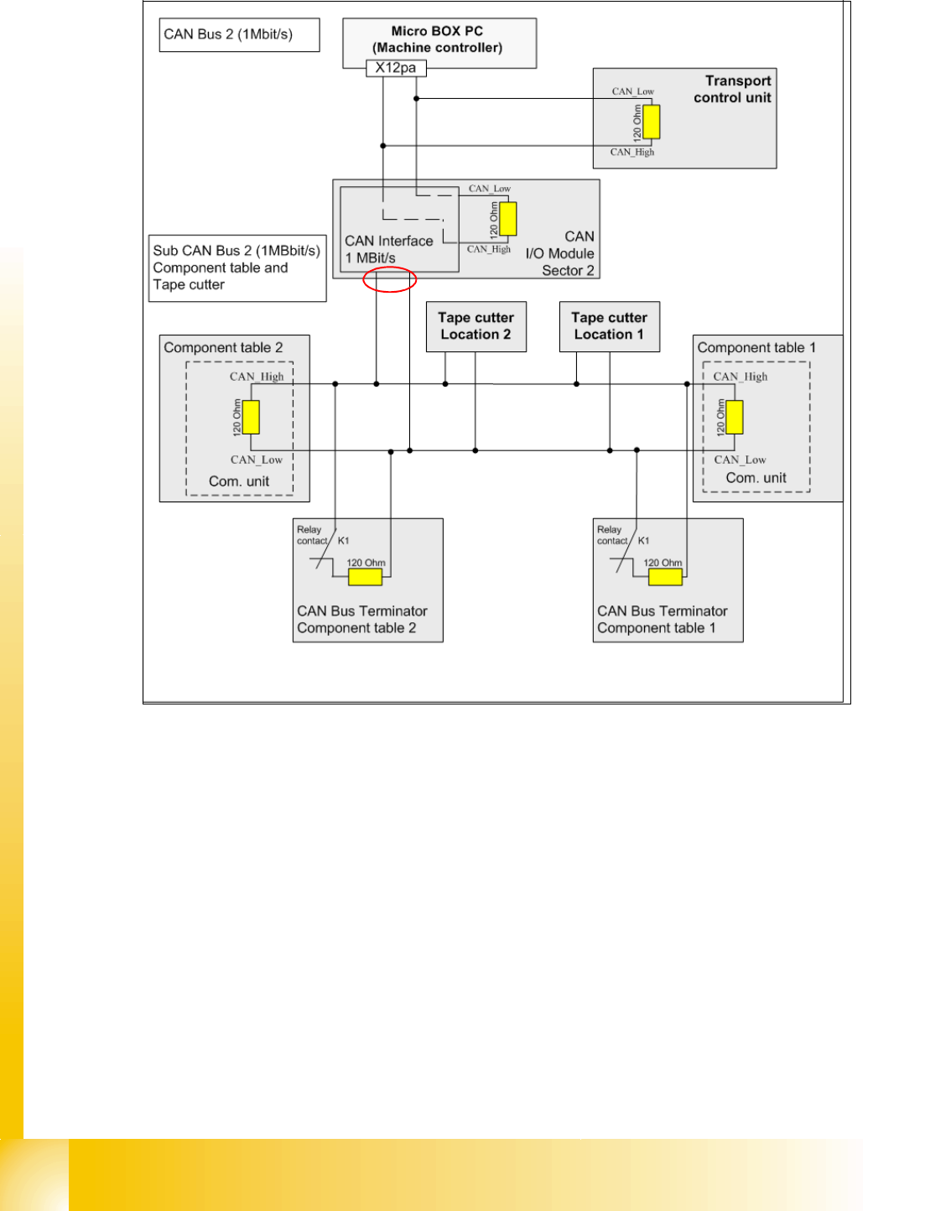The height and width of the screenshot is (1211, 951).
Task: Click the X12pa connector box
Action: point(396,68)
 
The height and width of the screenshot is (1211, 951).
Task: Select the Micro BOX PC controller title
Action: point(438,39)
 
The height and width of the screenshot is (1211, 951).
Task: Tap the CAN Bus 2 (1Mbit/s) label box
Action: point(239,35)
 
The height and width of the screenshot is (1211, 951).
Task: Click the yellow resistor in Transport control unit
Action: point(652,122)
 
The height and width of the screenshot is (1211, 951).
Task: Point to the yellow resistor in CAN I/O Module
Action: point(508,219)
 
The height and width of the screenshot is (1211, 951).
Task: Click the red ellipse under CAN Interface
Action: point(390,279)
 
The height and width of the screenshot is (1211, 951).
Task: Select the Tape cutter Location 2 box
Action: point(475,326)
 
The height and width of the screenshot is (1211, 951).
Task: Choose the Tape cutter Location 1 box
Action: point(609,326)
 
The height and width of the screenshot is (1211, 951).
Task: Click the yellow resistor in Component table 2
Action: point(251,417)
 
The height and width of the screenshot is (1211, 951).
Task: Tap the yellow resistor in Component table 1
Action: point(735,417)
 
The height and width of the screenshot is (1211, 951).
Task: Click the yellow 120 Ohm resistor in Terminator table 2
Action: point(365,577)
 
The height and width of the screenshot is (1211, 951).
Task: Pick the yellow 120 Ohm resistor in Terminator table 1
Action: point(665,577)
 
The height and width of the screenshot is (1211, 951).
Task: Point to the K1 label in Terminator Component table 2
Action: point(343,541)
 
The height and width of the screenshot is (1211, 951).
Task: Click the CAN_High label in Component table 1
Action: point(741,377)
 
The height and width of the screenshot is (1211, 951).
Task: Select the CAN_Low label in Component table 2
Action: point(257,460)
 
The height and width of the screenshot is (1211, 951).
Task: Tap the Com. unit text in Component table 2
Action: point(239,481)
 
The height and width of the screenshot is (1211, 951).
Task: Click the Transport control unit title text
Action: point(733,89)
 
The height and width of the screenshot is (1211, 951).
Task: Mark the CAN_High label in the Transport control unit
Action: point(632,152)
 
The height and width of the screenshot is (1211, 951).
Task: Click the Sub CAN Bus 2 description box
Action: point(237,268)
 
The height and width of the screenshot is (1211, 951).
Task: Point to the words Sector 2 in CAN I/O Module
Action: point(568,270)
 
